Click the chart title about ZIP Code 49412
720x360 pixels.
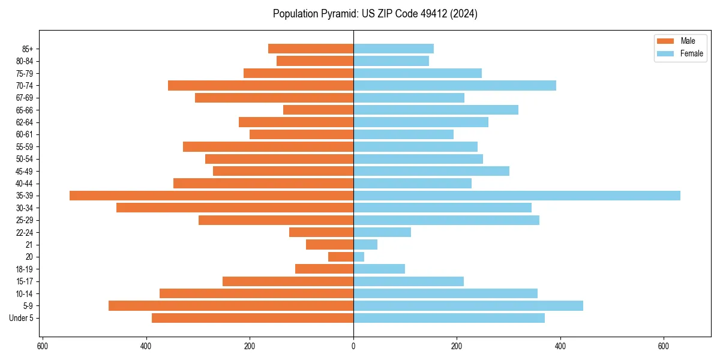pyautogui.click(x=375, y=14)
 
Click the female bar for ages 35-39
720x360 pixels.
pyautogui.click(x=517, y=196)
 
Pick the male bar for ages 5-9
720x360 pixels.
pyautogui.click(x=231, y=306)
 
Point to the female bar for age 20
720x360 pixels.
pyautogui.click(x=359, y=257)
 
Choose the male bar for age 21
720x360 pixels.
pyautogui.click(x=329, y=245)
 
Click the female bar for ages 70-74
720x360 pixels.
pyautogui.click(x=455, y=86)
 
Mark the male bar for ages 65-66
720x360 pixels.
pyautogui.click(x=318, y=110)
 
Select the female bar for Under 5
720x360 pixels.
pyautogui.click(x=449, y=318)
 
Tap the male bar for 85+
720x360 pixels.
pyautogui.click(x=311, y=49)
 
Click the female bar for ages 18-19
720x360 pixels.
pyautogui.click(x=379, y=269)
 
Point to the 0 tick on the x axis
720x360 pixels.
pyautogui.click(x=353, y=346)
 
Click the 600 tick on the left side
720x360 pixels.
pyautogui.click(x=43, y=346)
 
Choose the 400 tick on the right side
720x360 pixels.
pyautogui.click(x=560, y=346)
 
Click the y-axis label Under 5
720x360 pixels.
pyautogui.click(x=21, y=318)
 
